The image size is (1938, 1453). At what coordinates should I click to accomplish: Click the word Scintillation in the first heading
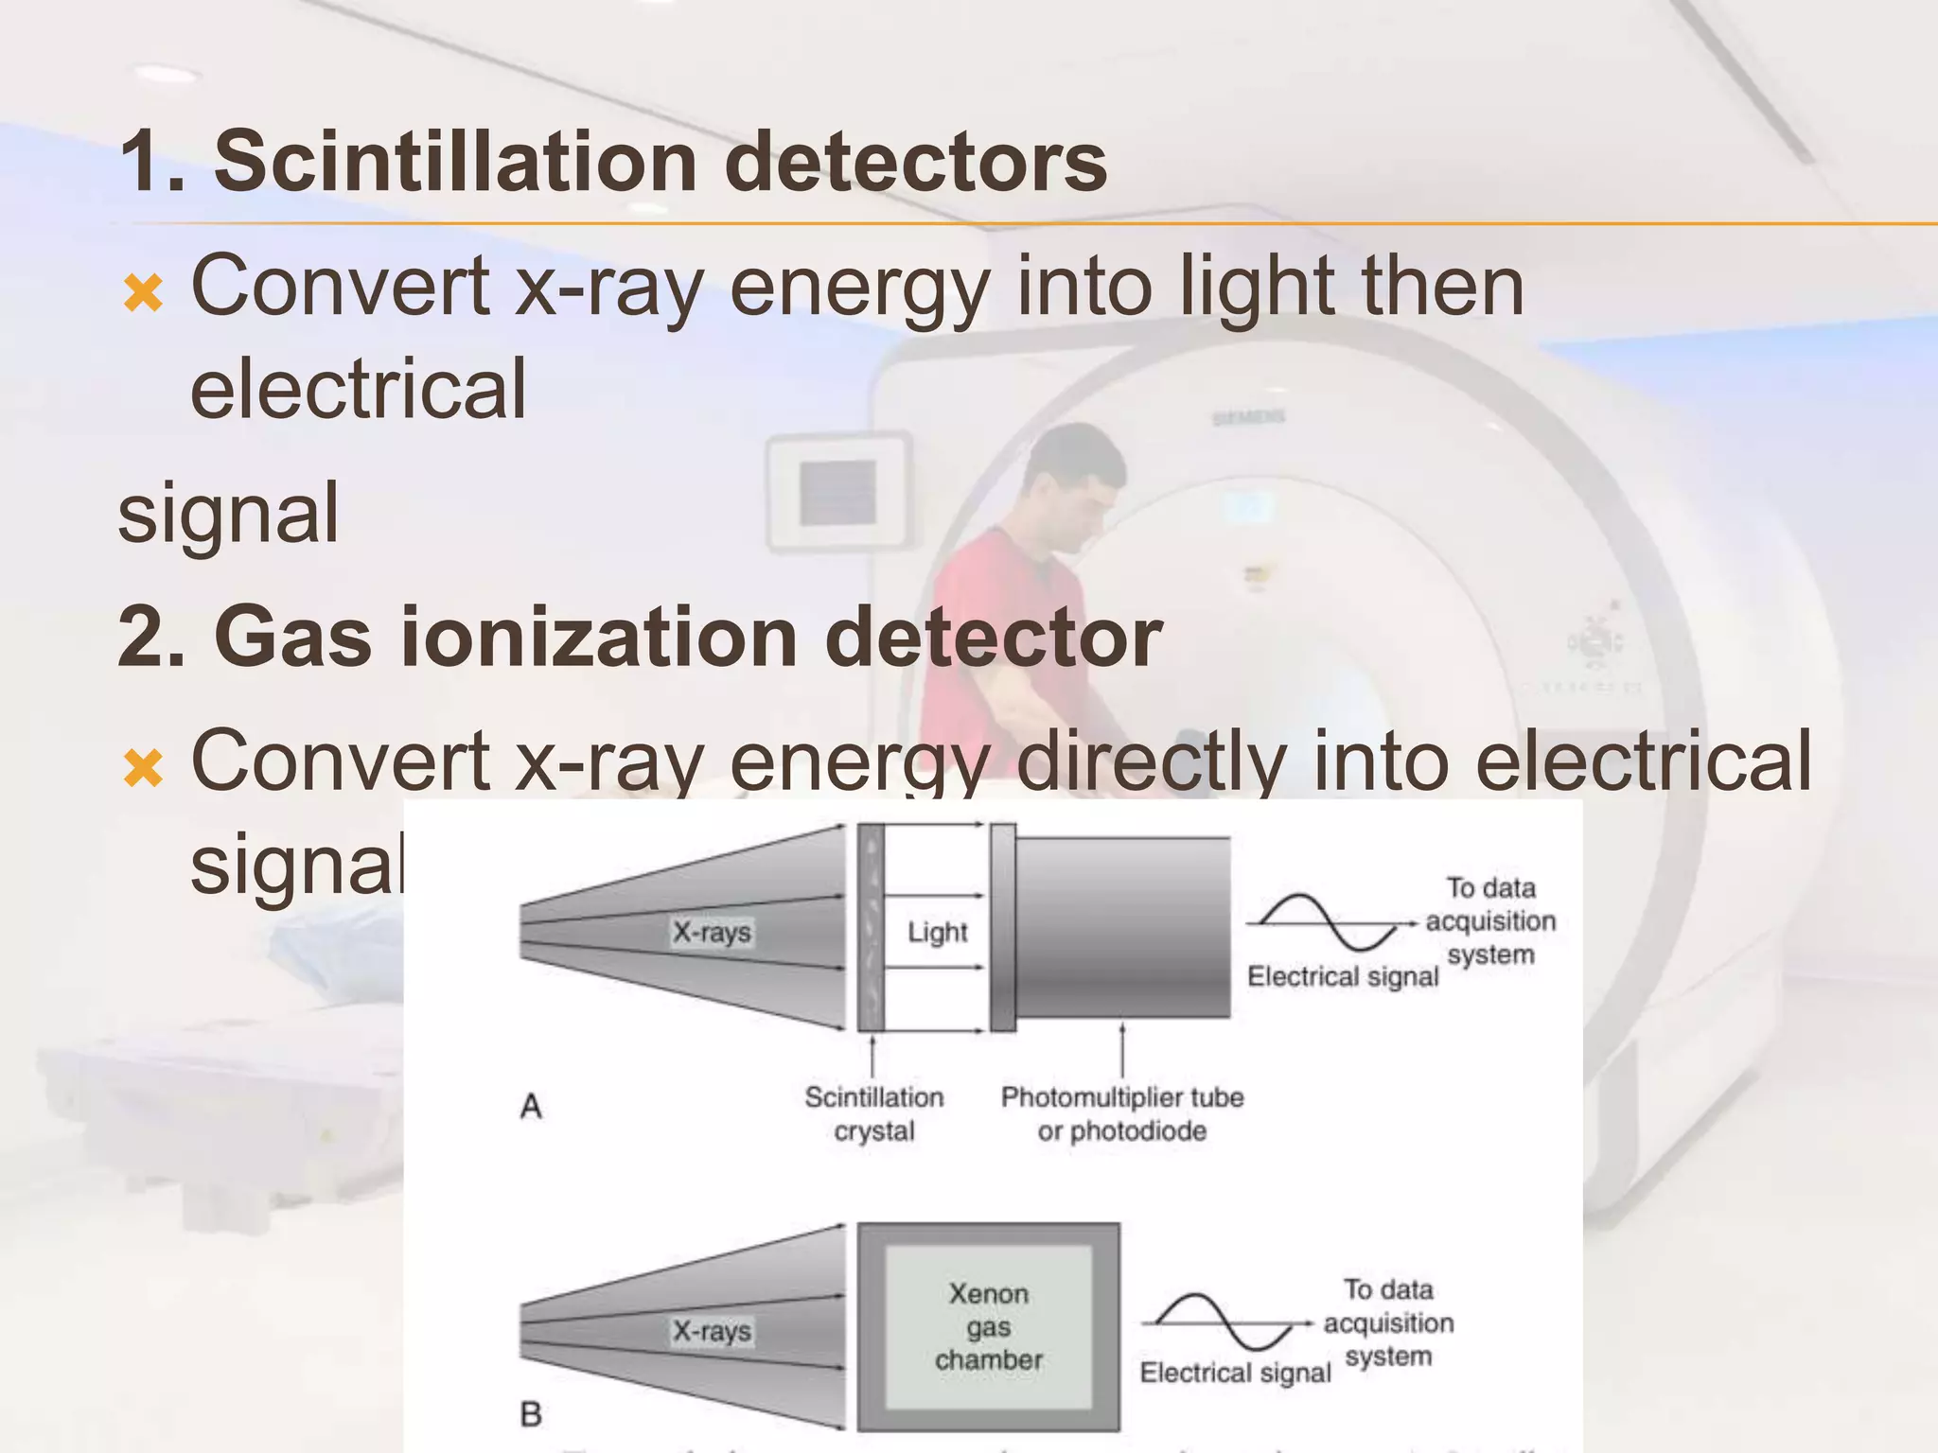pyautogui.click(x=454, y=161)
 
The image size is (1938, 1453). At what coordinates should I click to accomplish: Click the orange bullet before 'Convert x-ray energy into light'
pyautogui.click(x=143, y=293)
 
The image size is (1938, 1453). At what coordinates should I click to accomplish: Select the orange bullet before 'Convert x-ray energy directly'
pyautogui.click(x=143, y=768)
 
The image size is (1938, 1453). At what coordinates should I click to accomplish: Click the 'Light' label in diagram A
pyautogui.click(x=937, y=933)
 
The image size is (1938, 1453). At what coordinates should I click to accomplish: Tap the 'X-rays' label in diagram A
pyautogui.click(x=712, y=933)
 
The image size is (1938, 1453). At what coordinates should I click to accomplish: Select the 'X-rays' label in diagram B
pyautogui.click(x=712, y=1332)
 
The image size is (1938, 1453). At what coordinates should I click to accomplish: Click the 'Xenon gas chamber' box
pyautogui.click(x=988, y=1326)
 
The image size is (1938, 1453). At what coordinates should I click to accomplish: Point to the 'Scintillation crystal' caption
pyautogui.click(x=873, y=1114)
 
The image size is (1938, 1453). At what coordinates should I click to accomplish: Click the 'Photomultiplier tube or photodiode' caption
pyautogui.click(x=1121, y=1114)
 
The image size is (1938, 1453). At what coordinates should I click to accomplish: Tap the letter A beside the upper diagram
pyautogui.click(x=531, y=1106)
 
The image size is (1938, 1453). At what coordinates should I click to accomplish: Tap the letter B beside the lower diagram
pyautogui.click(x=531, y=1414)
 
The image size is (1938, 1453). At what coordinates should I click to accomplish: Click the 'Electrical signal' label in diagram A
pyautogui.click(x=1342, y=976)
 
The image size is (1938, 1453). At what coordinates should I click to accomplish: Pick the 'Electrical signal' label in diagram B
pyautogui.click(x=1235, y=1373)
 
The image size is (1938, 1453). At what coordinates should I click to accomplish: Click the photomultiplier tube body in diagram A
pyautogui.click(x=1122, y=928)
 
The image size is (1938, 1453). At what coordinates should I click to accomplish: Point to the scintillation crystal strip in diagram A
pyautogui.click(x=871, y=928)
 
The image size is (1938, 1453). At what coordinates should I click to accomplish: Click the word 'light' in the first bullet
pyautogui.click(x=1253, y=288)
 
